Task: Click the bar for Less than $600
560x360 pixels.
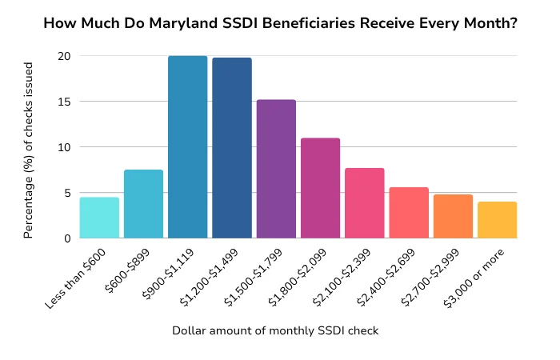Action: (x=99, y=218)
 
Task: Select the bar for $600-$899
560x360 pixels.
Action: (x=143, y=204)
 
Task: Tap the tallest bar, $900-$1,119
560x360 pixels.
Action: (x=188, y=147)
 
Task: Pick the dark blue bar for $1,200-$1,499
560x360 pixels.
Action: (x=232, y=148)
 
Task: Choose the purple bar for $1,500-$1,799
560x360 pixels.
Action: (x=276, y=169)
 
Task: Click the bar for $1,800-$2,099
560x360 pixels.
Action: (x=320, y=188)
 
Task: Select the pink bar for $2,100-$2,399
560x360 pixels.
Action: (x=365, y=203)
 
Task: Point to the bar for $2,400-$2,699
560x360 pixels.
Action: (x=409, y=213)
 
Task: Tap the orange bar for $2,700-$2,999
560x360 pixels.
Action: (x=453, y=216)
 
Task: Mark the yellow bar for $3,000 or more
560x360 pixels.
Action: (x=497, y=220)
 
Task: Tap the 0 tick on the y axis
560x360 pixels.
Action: (x=66, y=238)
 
